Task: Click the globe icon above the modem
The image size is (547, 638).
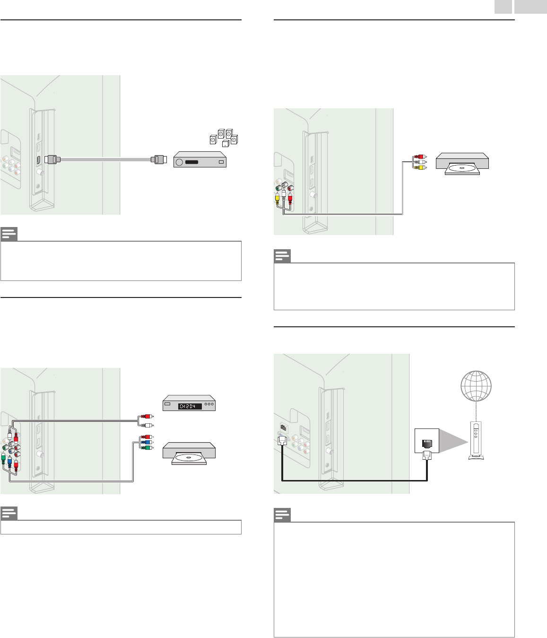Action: [476, 386]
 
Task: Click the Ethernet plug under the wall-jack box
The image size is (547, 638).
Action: [427, 455]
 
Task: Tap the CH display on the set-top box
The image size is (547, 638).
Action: [190, 406]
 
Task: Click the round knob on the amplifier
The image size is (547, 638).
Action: [179, 162]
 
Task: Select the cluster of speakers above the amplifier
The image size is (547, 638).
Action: [224, 138]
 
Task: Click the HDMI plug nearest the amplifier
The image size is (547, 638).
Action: [158, 159]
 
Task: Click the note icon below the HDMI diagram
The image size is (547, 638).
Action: [9, 234]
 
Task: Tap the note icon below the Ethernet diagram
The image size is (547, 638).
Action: [282, 515]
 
